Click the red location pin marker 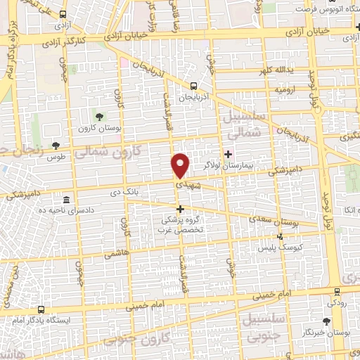point(181,165)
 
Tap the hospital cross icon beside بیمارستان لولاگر point(227,154)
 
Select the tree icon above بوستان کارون point(98,114)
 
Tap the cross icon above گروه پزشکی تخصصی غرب point(181,209)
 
